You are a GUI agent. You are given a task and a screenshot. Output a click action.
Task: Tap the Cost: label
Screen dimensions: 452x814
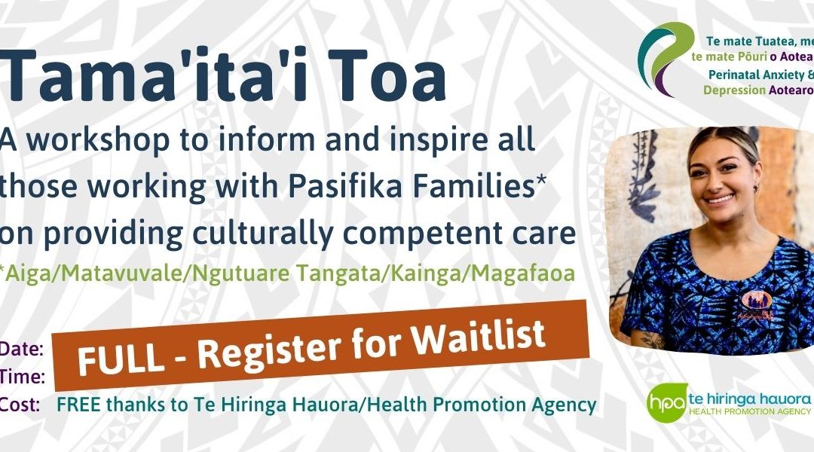tap(21, 404)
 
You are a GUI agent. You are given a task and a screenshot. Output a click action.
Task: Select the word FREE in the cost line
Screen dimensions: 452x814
tap(79, 405)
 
